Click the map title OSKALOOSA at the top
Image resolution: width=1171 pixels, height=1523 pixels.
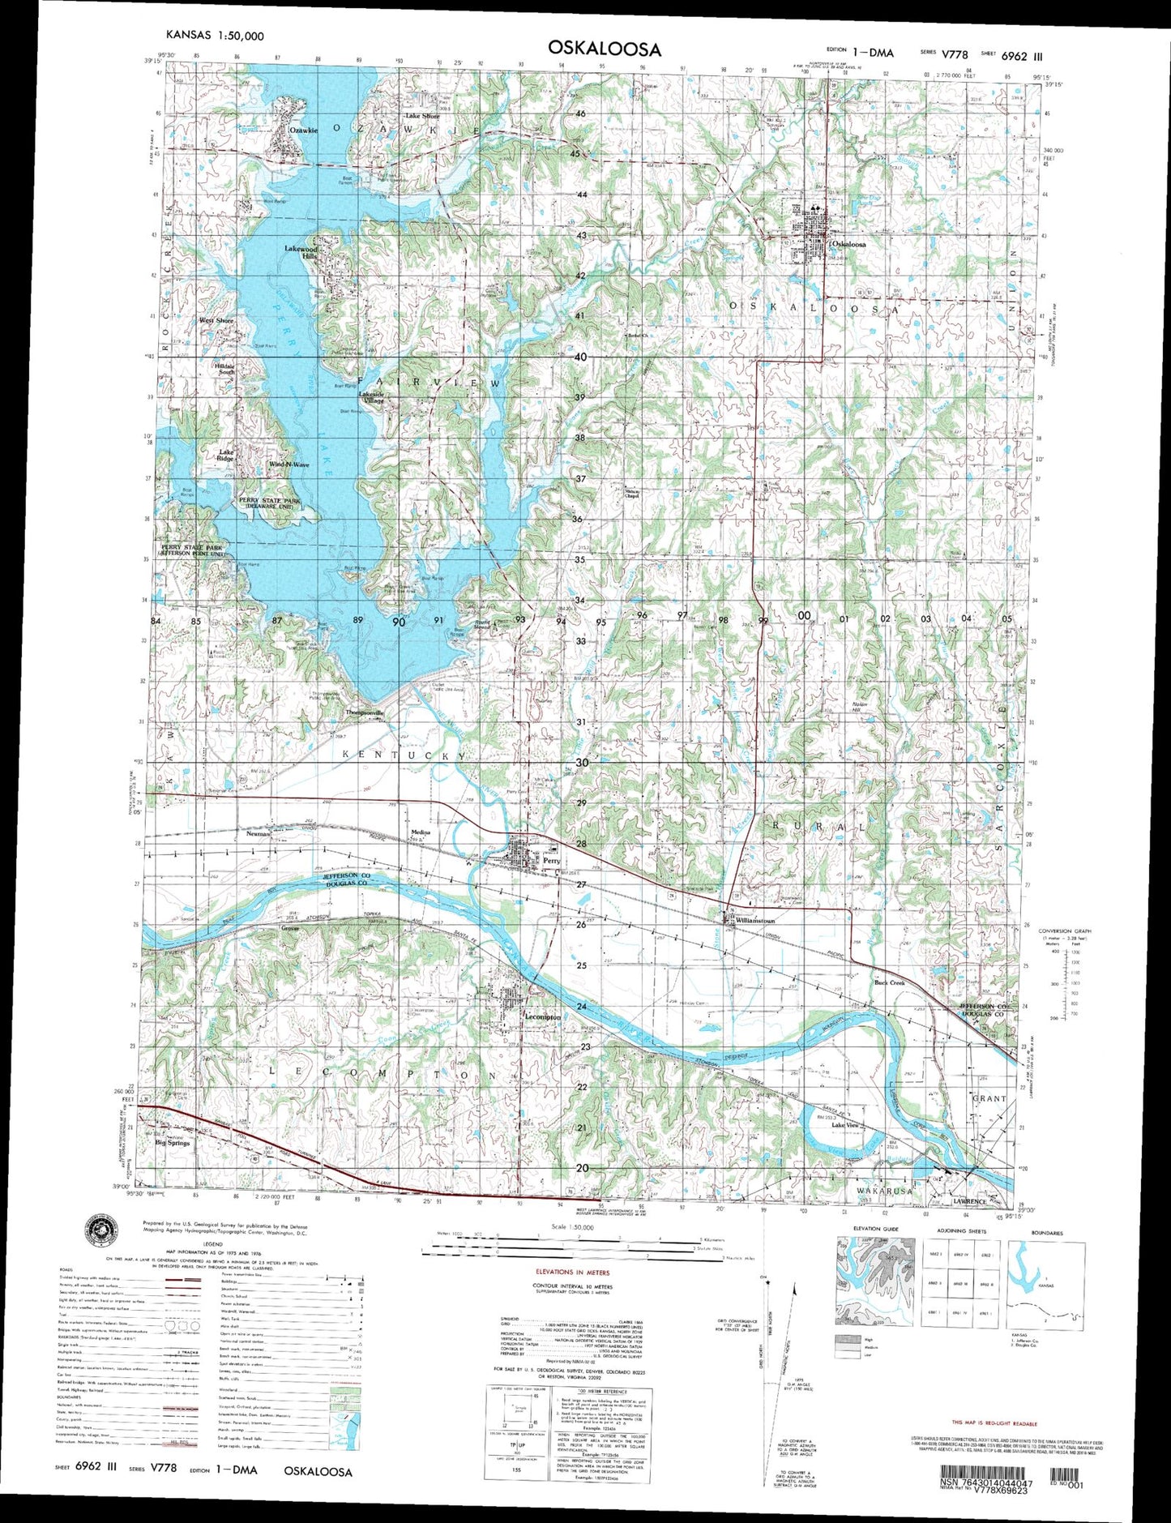pos(604,49)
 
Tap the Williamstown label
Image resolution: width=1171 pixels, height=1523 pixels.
pos(755,921)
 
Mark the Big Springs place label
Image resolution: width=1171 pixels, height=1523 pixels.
pos(172,1143)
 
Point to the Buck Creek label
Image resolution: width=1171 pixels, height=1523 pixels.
pos(889,982)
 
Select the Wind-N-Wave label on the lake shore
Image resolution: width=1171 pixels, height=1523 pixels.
pos(288,464)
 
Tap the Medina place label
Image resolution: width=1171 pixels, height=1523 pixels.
pos(420,832)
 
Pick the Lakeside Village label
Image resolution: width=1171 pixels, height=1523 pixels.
pos(372,398)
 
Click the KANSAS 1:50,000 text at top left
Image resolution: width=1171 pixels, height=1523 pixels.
pos(214,36)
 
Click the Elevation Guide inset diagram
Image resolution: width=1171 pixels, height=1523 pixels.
pos(874,1281)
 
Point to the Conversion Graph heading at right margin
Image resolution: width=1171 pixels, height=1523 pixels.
pos(1064,930)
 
